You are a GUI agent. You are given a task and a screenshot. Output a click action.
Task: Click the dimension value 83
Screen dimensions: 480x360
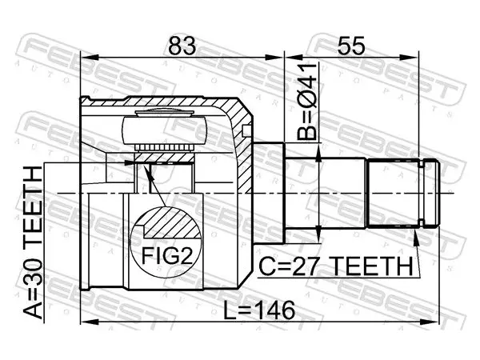point(182,46)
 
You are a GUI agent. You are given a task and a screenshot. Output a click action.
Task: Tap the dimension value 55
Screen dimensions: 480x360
point(351,46)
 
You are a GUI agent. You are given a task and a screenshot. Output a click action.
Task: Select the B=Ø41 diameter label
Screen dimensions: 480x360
point(306,102)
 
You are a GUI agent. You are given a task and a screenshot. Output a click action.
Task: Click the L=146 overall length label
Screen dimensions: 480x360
point(259,310)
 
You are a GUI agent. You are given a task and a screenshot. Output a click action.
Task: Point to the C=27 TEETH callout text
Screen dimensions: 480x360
point(336,266)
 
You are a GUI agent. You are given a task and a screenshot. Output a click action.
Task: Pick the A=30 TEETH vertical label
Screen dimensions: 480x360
point(33,242)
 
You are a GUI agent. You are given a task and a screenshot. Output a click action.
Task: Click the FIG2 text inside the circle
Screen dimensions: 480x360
point(167,256)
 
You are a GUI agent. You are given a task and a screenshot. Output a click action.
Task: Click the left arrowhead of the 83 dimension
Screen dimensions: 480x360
point(89,58)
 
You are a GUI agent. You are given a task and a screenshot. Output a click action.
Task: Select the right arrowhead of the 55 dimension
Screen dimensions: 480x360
point(409,58)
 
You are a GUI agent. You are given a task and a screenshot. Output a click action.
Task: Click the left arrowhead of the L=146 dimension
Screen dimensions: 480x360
point(89,322)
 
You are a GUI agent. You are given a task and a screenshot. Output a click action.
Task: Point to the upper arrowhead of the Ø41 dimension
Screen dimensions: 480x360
point(318,152)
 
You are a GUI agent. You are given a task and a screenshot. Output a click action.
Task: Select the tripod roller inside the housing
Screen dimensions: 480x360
point(164,130)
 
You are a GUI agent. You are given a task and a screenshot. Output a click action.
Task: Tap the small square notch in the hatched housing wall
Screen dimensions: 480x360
point(246,130)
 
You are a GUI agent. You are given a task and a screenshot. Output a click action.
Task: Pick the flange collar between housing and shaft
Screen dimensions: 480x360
point(269,194)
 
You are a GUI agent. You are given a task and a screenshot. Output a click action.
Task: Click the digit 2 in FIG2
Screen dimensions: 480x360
point(186,256)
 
